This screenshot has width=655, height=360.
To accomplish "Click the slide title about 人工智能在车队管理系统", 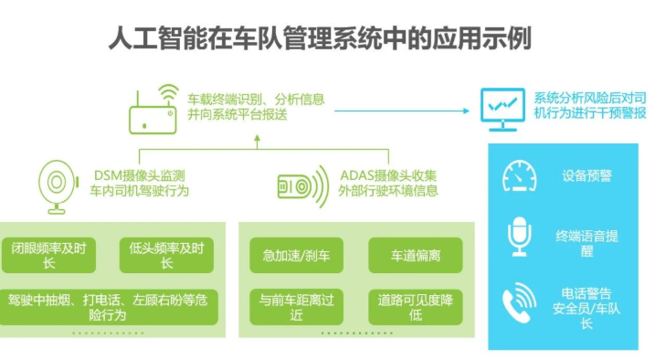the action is [326, 39].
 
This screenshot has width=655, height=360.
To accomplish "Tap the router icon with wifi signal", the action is [153, 109].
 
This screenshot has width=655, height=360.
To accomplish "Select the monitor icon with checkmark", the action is [503, 107].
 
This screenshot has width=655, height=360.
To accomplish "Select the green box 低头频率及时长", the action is [166, 255].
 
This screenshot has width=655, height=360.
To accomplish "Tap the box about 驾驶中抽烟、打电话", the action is [112, 306].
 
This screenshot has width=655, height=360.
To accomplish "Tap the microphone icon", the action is [520, 236].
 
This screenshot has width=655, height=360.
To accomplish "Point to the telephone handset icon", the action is [520, 301].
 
